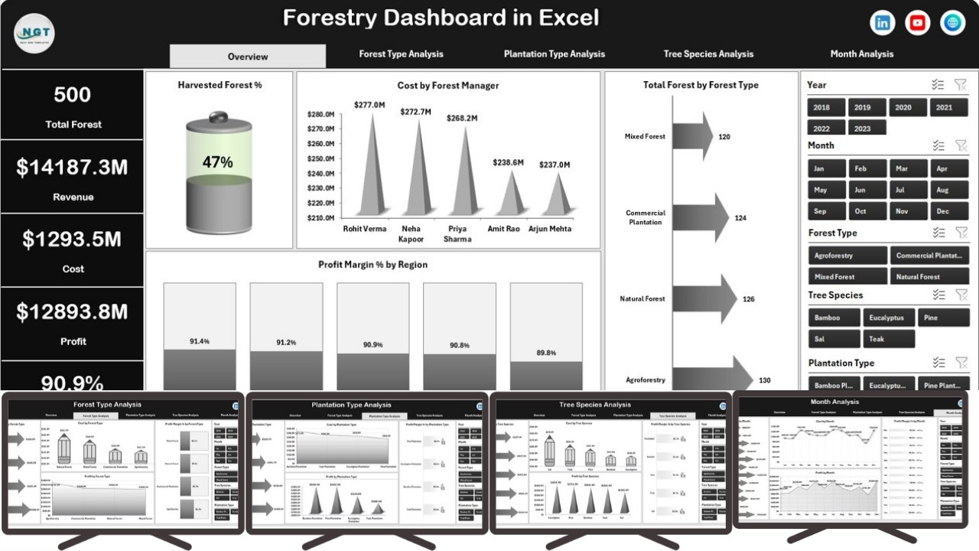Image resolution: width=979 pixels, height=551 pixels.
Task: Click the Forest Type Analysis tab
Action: pos(401,54)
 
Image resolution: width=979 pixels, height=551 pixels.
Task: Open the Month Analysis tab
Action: pos(861,54)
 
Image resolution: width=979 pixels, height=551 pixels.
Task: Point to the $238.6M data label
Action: pos(508,162)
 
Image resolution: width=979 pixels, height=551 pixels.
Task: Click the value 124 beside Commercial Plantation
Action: pos(740,218)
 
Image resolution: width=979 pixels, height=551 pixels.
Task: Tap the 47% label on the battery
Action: pos(217,162)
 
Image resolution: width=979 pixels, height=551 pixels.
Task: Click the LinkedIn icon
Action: pos(883,23)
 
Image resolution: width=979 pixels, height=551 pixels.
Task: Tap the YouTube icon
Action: pos(918,23)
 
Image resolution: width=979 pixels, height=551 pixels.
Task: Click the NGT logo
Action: pos(34,34)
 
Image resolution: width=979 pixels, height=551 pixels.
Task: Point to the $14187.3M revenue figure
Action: pos(72,168)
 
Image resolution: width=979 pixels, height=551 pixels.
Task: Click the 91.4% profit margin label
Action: pos(200,341)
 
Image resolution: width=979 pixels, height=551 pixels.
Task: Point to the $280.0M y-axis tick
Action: pos(320,115)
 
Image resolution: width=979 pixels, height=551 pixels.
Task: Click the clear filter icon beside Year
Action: pos(961,85)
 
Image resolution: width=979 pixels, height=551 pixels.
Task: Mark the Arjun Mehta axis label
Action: pos(550,229)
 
